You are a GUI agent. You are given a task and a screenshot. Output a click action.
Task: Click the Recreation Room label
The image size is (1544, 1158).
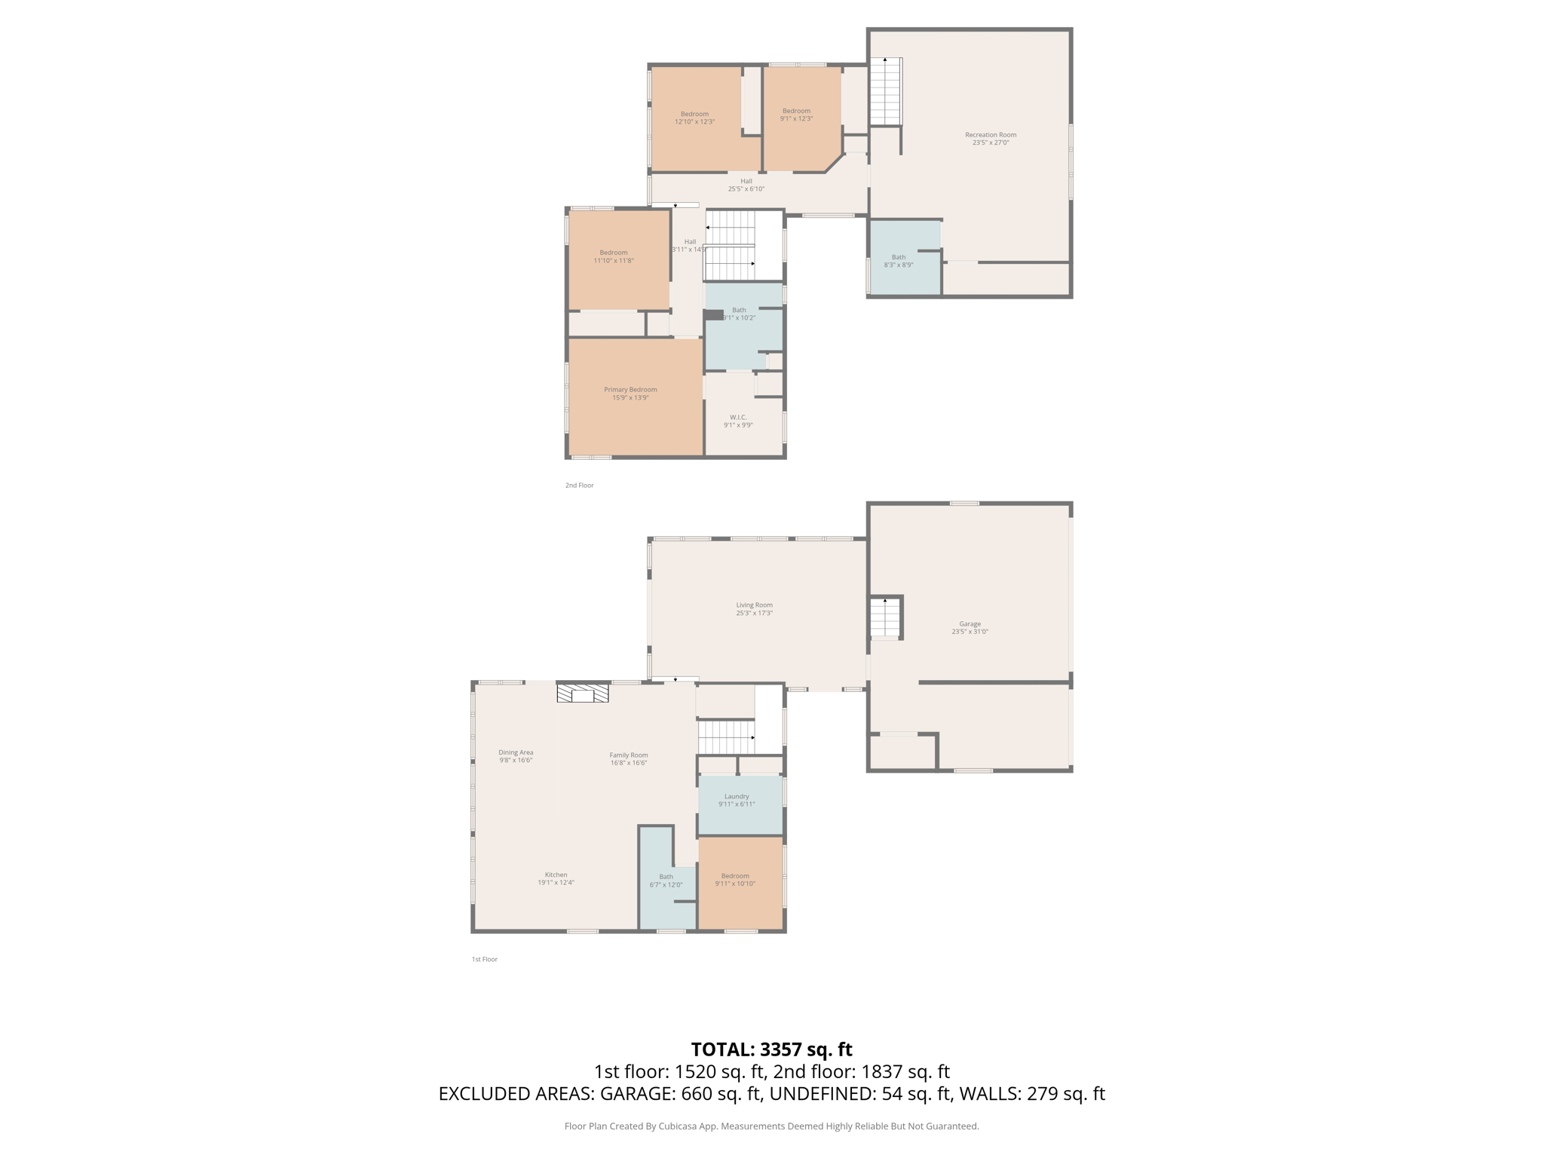(990, 139)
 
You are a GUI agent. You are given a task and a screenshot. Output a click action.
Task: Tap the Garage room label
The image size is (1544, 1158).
(970, 628)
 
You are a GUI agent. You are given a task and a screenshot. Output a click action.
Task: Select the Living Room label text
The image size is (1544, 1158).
(754, 609)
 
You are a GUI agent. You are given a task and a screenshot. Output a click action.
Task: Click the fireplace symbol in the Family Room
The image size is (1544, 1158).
(583, 693)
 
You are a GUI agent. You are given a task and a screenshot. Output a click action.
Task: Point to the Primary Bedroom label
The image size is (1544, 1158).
(630, 394)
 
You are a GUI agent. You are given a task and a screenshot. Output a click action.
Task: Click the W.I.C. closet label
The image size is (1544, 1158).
(738, 421)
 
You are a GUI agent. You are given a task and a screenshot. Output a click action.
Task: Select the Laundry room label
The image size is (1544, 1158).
(737, 800)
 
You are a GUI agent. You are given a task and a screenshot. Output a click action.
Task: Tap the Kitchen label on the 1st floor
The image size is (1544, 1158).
(556, 878)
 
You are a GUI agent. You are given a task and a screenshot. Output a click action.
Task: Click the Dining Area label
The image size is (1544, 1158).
(516, 756)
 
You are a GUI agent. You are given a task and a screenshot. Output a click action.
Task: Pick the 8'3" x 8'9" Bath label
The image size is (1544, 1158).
(898, 261)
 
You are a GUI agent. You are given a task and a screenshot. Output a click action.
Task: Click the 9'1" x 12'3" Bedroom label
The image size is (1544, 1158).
(796, 115)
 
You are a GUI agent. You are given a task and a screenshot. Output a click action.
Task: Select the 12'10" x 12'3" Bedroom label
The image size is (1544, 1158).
(694, 118)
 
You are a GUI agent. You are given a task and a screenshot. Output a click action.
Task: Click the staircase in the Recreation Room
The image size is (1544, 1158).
(885, 92)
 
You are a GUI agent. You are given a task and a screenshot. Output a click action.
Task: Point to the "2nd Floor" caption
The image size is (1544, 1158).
(579, 486)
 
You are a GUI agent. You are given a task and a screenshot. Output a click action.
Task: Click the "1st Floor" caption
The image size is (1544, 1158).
(485, 960)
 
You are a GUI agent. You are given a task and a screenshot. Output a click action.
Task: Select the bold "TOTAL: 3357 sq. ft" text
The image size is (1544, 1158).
(771, 1049)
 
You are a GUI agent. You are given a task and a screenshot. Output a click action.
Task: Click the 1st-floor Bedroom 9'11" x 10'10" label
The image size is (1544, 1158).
(735, 880)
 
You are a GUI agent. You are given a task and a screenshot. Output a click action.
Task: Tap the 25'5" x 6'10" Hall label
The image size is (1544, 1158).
(746, 185)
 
